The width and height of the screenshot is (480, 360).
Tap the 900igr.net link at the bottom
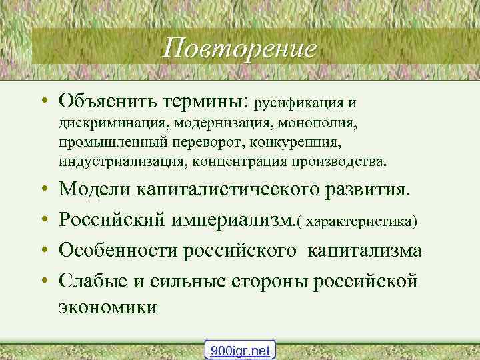point(240,350)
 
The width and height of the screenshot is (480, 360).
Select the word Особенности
point(119,250)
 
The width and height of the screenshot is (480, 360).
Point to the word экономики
point(108,308)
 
